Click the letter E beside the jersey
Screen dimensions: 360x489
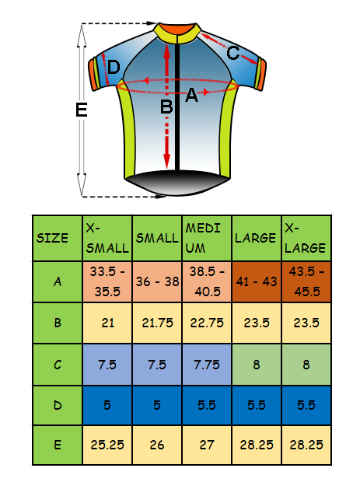click(x=82, y=110)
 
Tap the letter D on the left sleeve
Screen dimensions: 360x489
click(x=114, y=67)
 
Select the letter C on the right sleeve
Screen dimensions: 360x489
click(x=233, y=53)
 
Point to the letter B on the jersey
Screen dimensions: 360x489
click(x=166, y=107)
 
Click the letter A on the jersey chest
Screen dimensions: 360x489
click(x=191, y=95)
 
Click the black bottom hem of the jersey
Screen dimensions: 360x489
click(x=177, y=183)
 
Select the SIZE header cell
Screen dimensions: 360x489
click(x=58, y=238)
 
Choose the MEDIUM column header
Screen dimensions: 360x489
click(x=207, y=238)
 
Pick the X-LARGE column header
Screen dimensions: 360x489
click(x=306, y=238)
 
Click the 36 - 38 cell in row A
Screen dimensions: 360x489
click(x=157, y=281)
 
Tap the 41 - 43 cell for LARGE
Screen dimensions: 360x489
click(x=257, y=281)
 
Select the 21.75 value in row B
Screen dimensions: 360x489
click(x=157, y=323)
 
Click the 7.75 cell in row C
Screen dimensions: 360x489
click(x=207, y=365)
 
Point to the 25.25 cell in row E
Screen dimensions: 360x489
click(x=107, y=445)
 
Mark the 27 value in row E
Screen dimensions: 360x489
click(x=207, y=445)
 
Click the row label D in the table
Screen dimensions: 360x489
click(x=58, y=405)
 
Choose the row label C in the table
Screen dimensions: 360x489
click(x=58, y=365)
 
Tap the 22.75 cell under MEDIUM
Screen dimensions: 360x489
click(x=207, y=323)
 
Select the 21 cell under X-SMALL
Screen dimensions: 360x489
click(x=107, y=323)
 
